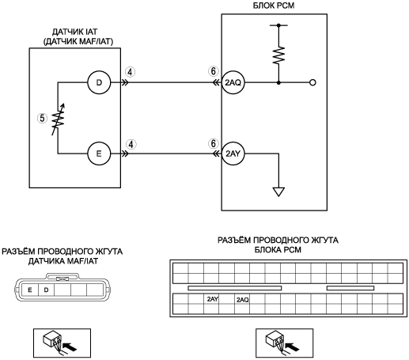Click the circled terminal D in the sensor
click(99, 82)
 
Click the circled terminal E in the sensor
click(99, 153)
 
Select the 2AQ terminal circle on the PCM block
click(233, 82)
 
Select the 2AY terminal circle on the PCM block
click(233, 153)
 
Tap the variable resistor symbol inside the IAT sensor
click(58, 119)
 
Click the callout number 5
click(42, 118)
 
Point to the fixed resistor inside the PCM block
click(278, 55)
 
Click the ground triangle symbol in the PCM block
click(278, 191)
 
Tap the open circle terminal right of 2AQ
click(312, 82)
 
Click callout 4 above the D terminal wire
click(131, 72)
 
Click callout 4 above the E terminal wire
click(131, 144)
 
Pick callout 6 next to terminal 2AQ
click(213, 71)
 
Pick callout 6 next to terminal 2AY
click(213, 144)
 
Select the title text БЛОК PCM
click(274, 6)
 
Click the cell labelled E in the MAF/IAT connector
click(30, 290)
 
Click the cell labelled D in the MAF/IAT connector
click(47, 290)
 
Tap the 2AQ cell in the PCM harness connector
click(242, 299)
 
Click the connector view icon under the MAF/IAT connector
click(62, 343)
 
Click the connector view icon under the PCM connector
click(285, 343)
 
